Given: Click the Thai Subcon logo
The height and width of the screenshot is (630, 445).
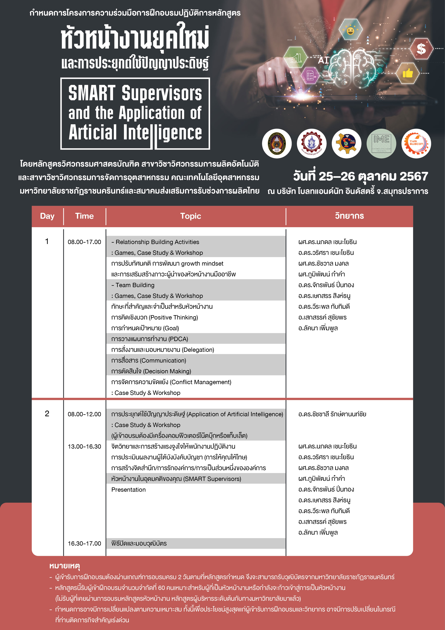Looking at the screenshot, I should (416, 143).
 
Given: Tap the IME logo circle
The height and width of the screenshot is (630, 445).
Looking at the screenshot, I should (381, 143).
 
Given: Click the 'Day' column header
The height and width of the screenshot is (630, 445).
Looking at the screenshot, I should (47, 216).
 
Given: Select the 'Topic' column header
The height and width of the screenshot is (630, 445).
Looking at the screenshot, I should (190, 216).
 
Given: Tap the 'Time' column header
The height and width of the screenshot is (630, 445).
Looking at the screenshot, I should (84, 216).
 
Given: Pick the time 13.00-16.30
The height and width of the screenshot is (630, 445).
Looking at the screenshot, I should (84, 446).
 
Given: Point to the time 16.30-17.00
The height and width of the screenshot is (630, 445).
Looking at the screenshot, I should (84, 543).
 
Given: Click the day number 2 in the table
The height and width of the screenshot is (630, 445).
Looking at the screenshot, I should (47, 414).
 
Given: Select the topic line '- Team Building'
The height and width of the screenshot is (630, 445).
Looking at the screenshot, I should (133, 285).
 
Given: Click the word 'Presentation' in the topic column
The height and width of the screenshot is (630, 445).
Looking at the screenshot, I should (128, 490).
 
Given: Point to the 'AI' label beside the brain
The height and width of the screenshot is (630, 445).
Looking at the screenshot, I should (323, 60).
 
